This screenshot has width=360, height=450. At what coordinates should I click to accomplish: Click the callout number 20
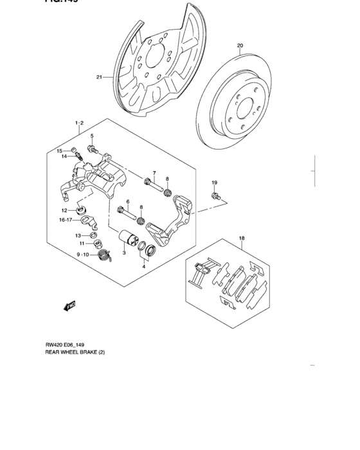[x=240, y=46]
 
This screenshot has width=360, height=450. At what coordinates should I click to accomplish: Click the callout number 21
[x=100, y=78]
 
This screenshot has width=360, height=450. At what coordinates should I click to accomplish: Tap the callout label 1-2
[x=80, y=122]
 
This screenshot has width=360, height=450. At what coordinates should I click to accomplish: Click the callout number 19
[x=215, y=183]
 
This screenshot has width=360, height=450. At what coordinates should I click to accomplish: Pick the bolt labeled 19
[x=215, y=195]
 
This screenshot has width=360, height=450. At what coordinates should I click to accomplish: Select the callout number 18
[x=242, y=239]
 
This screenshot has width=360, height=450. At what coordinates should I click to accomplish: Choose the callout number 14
[x=65, y=156]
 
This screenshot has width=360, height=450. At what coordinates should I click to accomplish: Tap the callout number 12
[x=65, y=210]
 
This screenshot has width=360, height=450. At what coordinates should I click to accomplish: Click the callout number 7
[x=154, y=174]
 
